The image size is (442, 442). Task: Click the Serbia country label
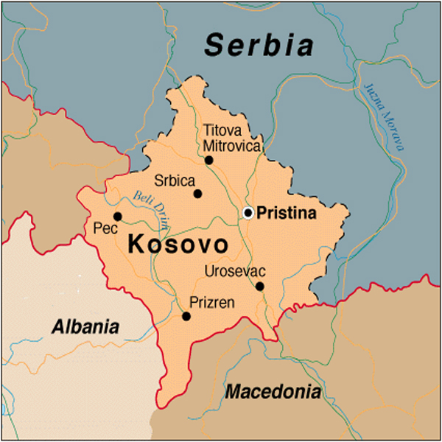259,46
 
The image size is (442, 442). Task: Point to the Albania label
85,326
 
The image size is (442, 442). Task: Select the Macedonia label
273,391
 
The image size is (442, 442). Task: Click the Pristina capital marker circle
248,213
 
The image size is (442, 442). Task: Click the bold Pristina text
286,214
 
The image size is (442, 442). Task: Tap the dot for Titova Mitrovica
208,160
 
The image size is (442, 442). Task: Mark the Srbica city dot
197,194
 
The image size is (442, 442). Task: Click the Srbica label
175,180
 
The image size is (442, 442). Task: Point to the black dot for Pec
117,217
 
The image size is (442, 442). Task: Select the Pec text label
102,230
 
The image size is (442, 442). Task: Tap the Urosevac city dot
259,287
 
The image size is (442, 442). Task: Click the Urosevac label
234,272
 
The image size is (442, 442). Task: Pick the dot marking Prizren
186,316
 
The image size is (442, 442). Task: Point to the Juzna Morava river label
385,115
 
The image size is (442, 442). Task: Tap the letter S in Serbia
213,46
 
